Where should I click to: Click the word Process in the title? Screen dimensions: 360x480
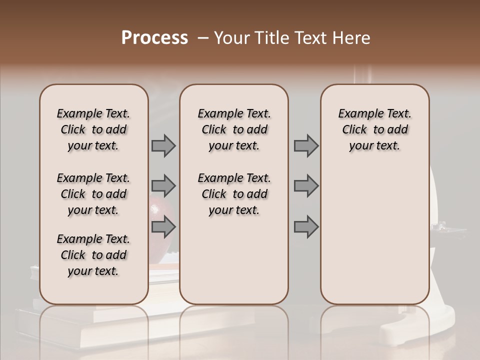154,38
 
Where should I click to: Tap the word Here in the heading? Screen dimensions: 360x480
351,38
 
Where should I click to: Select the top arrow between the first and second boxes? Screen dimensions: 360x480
163,145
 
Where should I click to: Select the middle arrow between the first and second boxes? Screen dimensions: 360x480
163,186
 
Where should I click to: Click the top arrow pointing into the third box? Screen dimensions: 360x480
306,145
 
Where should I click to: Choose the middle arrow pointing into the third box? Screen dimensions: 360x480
306,186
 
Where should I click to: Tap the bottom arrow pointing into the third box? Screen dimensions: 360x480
306,227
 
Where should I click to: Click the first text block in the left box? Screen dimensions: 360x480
93,129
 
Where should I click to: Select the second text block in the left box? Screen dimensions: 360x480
93,194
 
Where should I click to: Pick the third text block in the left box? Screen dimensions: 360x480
93,255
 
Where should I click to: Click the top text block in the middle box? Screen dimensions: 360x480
234,129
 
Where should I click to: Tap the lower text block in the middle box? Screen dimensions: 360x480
234,194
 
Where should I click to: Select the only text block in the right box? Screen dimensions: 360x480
374,129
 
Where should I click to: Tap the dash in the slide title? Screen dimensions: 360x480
203,38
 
